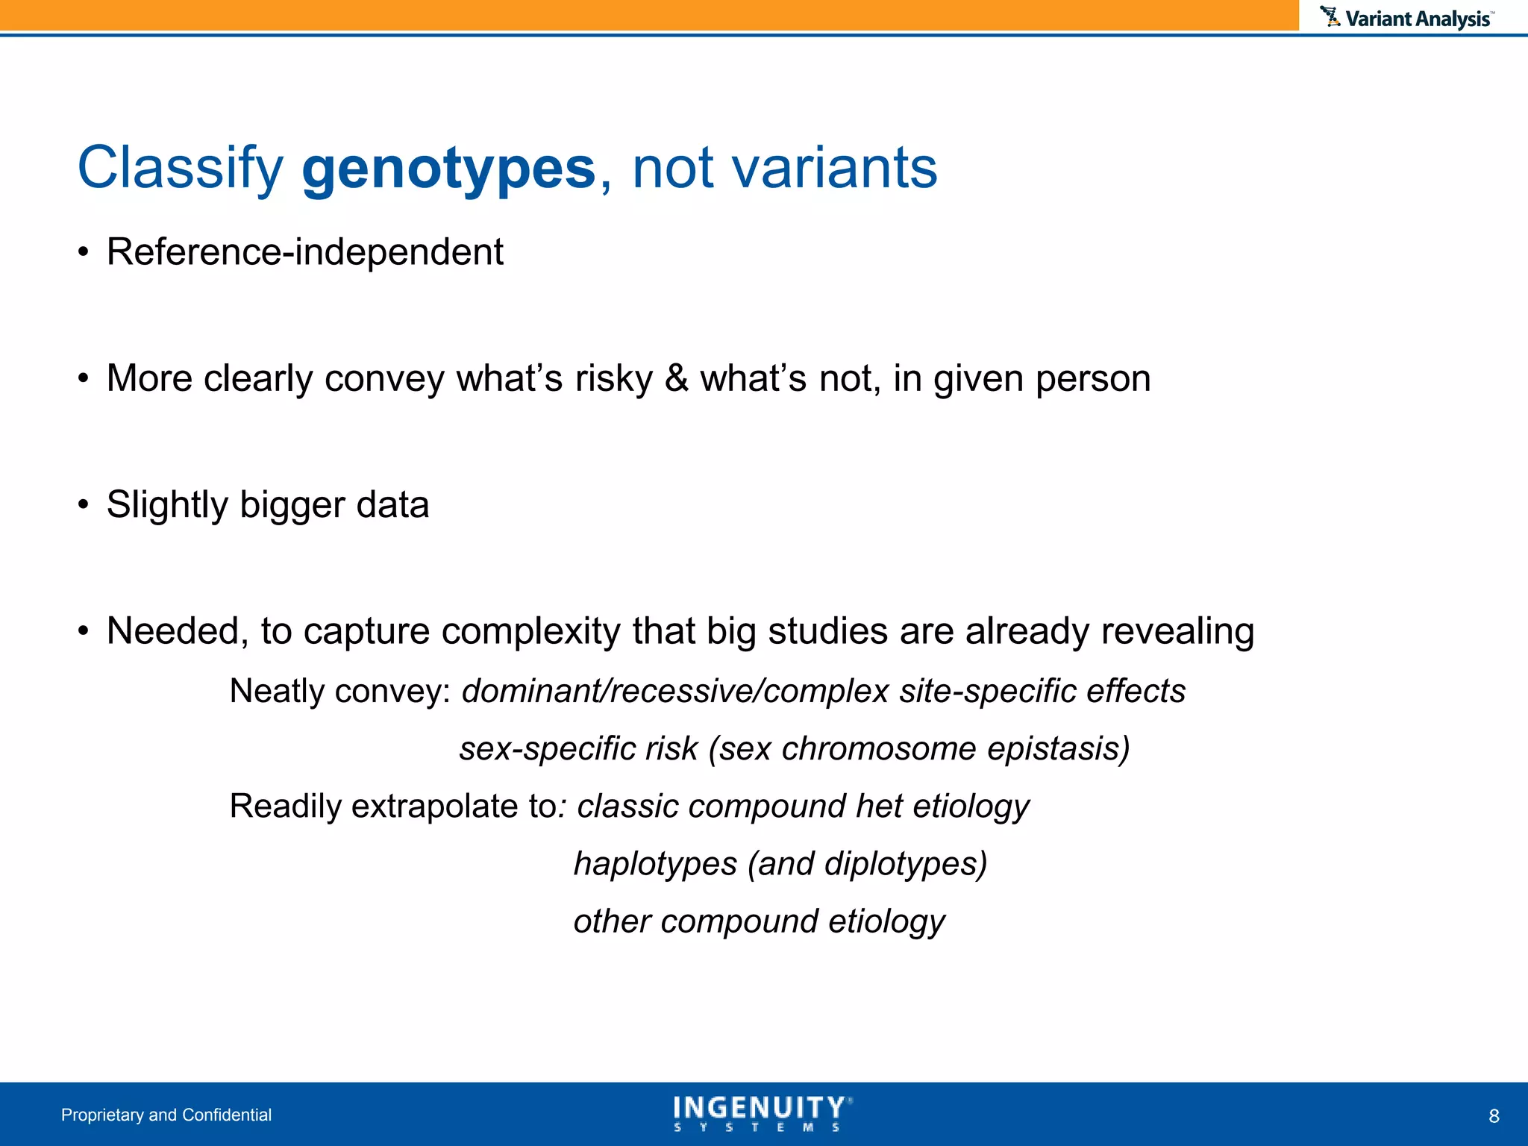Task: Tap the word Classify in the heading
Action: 180,169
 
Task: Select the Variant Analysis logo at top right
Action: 1406,18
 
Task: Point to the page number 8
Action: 1494,1116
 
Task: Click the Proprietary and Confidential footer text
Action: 166,1115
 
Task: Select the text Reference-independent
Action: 304,252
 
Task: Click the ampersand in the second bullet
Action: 676,378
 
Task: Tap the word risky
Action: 613,378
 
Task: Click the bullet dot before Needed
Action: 84,632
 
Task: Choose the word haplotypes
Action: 655,864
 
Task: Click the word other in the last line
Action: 612,921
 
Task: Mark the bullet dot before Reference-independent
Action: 84,253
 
